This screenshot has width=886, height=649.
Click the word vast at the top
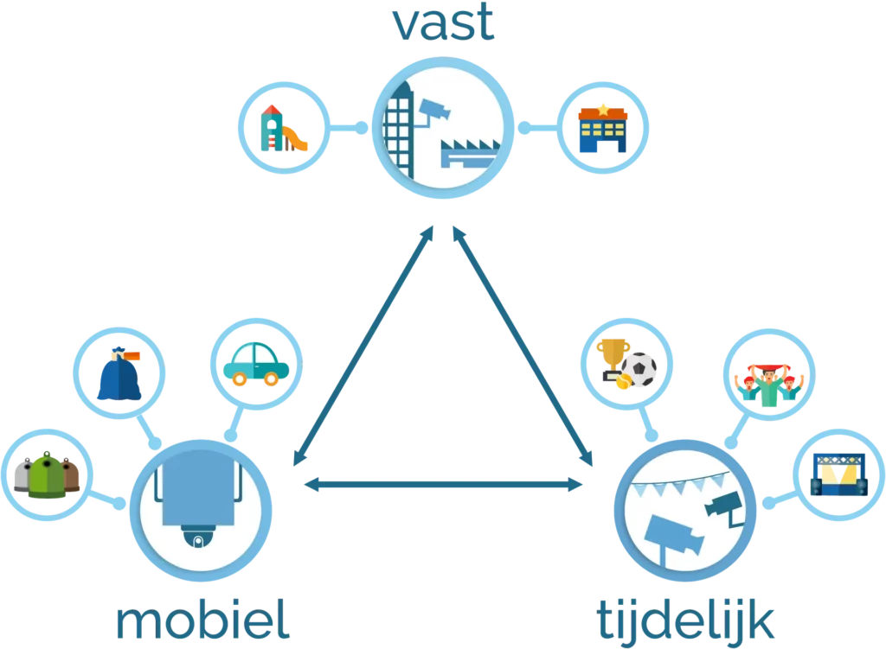[443, 22]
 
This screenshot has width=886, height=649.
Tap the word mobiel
[202, 619]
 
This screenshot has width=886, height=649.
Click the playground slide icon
[284, 128]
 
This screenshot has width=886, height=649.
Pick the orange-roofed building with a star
[603, 128]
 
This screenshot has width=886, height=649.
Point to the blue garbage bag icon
[119, 373]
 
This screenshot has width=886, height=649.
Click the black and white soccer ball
[639, 369]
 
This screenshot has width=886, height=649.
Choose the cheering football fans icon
[769, 385]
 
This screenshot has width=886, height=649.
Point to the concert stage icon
[839, 474]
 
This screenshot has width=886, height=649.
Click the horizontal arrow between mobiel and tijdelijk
[443, 484]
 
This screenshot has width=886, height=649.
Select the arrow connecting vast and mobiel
[363, 346]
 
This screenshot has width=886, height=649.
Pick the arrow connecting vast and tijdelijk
[523, 346]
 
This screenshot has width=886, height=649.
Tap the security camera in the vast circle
[433, 111]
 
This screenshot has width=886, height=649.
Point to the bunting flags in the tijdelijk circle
[680, 484]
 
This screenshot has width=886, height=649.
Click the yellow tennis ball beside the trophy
[623, 382]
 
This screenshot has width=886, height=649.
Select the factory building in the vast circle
[468, 154]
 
